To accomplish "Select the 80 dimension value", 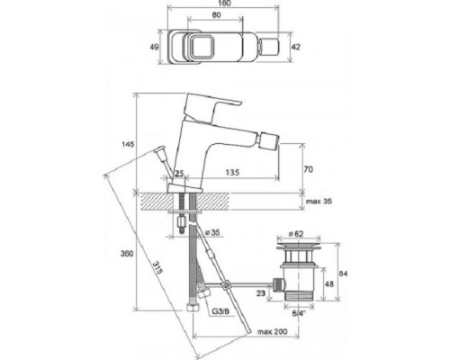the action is [x=216, y=14].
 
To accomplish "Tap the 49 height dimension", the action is [x=154, y=47].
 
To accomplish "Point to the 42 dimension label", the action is [x=296, y=47].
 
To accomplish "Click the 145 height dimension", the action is [x=128, y=144].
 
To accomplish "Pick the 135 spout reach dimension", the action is [x=232, y=172].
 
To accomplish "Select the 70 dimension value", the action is [x=309, y=169].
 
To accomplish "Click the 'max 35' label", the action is [x=319, y=201].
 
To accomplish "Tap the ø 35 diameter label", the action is [x=212, y=232].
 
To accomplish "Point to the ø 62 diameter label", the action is [x=296, y=234].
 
